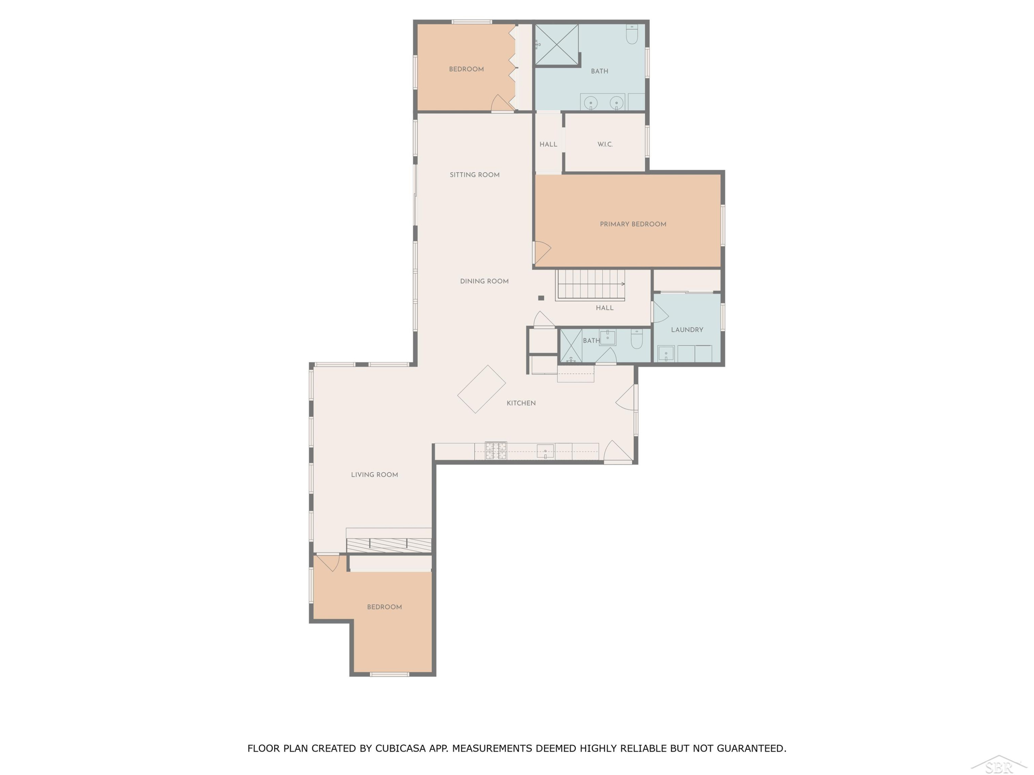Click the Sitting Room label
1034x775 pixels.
pos(475,175)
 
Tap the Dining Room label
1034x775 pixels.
pos(484,281)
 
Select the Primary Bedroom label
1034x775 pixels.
pos(633,224)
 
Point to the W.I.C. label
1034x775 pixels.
pos(605,144)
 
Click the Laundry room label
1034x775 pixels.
pos(687,330)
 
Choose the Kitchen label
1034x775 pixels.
pos(521,403)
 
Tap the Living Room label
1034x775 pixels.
pos(374,475)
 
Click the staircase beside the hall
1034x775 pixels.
pos(590,285)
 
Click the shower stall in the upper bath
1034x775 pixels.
pos(557,44)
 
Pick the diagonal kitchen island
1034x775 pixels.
pos(481,389)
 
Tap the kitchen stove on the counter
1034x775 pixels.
pos(496,450)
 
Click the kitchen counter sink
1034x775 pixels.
pos(545,452)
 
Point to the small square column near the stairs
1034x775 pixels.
pos(541,298)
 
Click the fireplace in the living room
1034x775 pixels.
pos(388,544)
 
